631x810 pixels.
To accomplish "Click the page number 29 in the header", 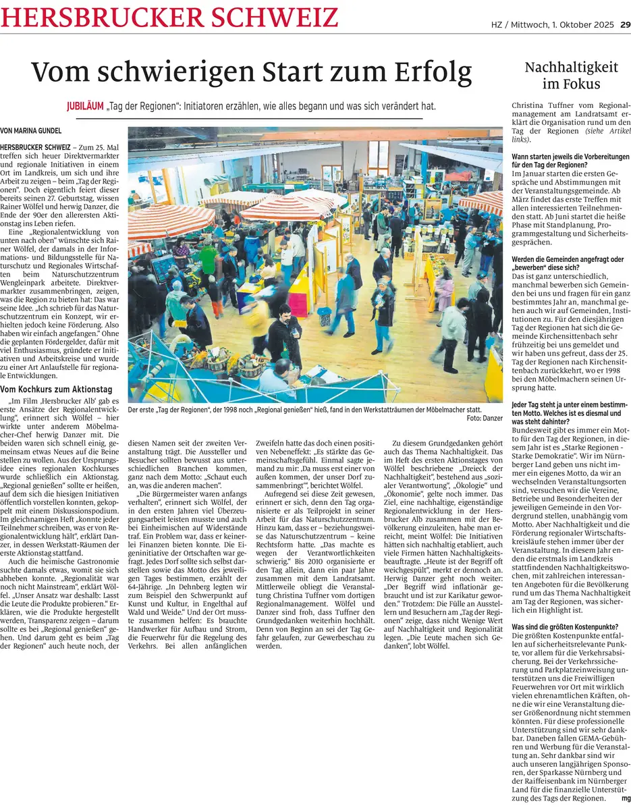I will coord(625,25).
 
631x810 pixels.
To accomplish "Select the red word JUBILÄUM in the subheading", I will coord(85,107).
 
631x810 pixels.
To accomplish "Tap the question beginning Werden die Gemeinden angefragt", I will coord(568,263).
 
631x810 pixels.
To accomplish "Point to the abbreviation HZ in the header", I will coord(497,25).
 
